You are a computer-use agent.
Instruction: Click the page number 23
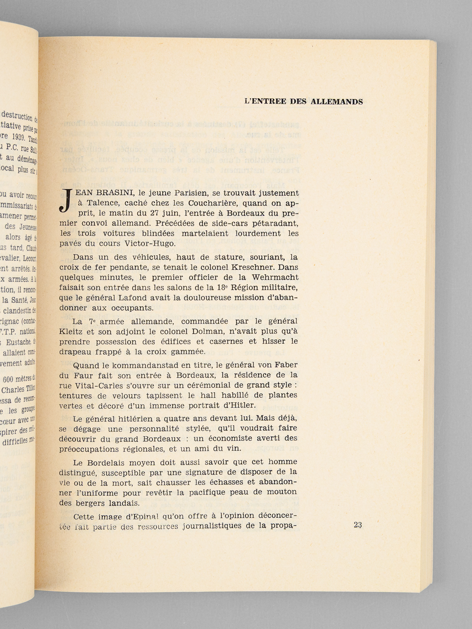tap(358, 525)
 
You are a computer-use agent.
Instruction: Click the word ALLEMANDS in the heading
tap(337, 102)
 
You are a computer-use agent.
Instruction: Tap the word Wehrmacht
tap(277, 278)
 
